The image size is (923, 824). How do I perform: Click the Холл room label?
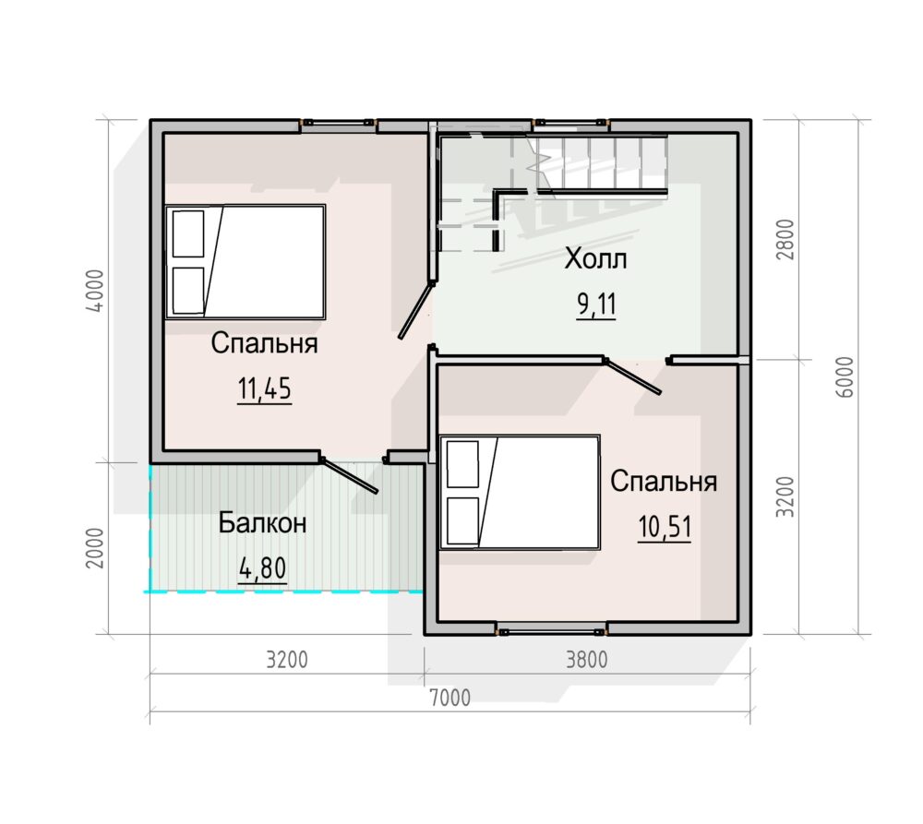pos(595,259)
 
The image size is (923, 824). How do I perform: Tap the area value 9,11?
pos(596,305)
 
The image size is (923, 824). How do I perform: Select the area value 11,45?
pos(264,388)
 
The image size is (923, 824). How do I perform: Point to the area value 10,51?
pos(665,527)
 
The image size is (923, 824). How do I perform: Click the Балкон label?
pos(262,522)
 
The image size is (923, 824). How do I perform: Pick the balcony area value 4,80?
pos(262,568)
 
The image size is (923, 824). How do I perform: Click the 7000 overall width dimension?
pos(450,698)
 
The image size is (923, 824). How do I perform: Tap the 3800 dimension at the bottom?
pos(586,660)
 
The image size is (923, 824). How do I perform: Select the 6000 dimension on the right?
pos(845,377)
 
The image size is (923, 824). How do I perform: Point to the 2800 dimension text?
pos(785,240)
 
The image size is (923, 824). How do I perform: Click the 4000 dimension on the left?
pos(95,291)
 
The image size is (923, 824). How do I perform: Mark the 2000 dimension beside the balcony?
pos(95,548)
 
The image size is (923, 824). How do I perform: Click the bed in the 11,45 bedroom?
pos(246,262)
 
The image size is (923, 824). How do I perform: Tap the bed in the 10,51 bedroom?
pos(521,492)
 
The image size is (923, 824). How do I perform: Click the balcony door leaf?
pos(349,475)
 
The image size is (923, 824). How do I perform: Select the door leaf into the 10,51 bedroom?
pos(633,376)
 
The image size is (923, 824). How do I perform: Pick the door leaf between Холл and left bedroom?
pos(416,310)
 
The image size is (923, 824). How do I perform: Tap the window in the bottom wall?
pos(550,630)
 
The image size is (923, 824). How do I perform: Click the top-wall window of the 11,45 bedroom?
pos(339,124)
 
